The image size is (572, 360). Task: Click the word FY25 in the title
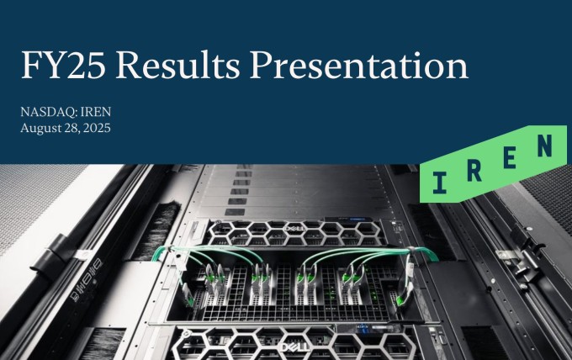coord(63,65)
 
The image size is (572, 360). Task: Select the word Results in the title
coord(177,65)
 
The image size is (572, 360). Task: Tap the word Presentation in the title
coord(359,65)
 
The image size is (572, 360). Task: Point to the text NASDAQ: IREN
coord(66,112)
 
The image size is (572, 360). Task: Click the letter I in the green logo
coord(440,183)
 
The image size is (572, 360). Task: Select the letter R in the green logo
coord(474,172)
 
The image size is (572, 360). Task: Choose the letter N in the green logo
coord(544,146)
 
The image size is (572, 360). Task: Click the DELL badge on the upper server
coord(295,229)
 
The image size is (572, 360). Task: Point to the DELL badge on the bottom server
coord(294,347)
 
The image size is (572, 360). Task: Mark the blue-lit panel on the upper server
coord(347,220)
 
